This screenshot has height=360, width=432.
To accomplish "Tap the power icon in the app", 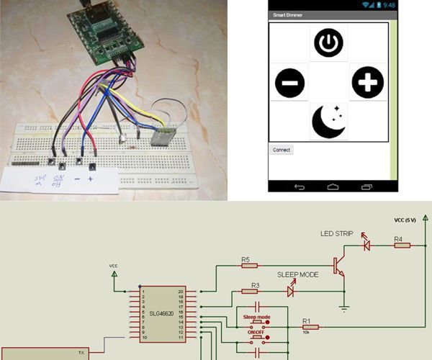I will click(328, 44).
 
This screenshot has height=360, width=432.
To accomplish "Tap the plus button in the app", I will click(367, 84).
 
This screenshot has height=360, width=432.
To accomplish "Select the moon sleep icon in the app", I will click(328, 121).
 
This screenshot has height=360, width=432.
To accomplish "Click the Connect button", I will click(281, 150).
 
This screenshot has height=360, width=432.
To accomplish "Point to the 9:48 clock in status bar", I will click(390, 4).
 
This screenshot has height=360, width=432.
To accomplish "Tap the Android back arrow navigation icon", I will click(300, 186).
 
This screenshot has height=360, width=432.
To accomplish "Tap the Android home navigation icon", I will click(333, 186).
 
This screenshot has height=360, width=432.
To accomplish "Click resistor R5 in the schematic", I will click(249, 265).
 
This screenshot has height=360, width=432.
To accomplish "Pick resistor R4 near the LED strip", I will click(402, 245).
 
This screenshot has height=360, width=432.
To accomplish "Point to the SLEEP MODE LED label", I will click(297, 275).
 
